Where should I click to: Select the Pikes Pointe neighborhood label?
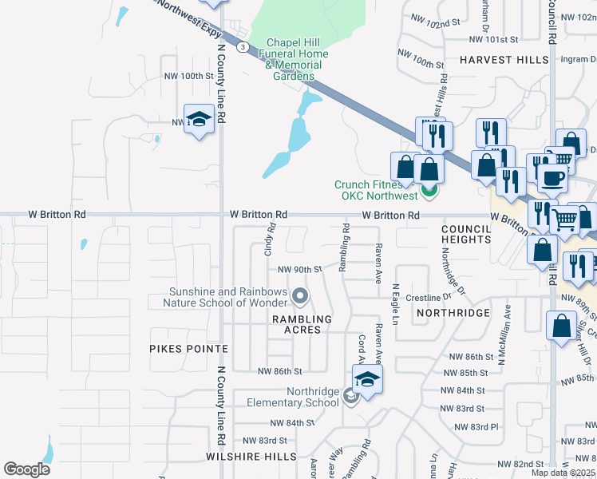point(188,349)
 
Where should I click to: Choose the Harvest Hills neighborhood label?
point(504,60)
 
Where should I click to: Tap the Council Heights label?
point(466,234)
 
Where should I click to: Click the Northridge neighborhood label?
point(452,313)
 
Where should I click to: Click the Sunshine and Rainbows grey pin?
point(300,297)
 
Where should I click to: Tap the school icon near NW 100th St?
point(198,121)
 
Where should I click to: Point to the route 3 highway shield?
point(241,47)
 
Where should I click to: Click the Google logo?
point(26,469)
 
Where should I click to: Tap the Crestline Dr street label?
point(429,297)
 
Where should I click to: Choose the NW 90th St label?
point(299,269)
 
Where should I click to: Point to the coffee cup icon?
point(552,177)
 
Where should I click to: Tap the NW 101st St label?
point(494,38)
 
